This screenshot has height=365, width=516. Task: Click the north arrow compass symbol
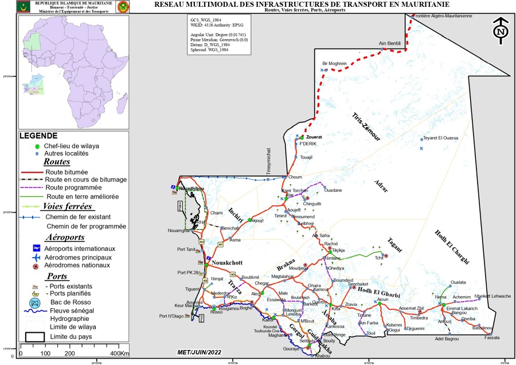501,32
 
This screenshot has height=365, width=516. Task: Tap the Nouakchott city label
228,262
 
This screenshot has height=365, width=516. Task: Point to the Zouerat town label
314,138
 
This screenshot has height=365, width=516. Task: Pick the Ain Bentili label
390,43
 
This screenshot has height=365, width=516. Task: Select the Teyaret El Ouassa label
441,138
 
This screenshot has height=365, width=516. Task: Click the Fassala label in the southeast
492,337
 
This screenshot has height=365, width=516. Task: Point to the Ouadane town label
333,190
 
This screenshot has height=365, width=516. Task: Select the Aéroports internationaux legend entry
80,248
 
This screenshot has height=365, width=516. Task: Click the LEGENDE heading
38,136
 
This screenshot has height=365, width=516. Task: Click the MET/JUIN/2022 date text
199,352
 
